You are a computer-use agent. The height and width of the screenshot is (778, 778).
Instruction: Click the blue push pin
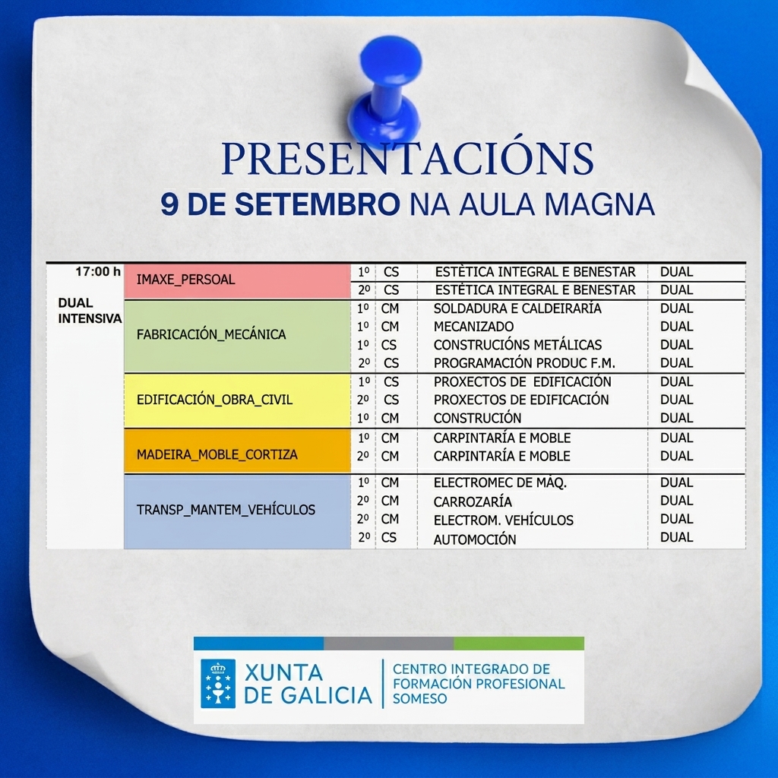point(386,92)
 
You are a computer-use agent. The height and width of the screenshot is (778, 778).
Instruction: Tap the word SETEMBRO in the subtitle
point(317,204)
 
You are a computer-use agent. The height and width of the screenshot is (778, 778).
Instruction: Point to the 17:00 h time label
point(98,271)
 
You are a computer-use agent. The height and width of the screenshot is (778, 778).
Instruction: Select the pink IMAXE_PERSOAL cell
point(237,281)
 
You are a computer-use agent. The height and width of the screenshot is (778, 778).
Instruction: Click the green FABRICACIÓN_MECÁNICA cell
point(237,336)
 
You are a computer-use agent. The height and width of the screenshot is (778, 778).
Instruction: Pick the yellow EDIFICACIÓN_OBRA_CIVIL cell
point(237,400)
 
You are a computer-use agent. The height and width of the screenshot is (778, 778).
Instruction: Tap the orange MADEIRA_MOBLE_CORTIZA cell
point(237,451)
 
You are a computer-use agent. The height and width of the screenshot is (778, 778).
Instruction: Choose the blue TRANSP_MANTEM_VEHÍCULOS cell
point(237,511)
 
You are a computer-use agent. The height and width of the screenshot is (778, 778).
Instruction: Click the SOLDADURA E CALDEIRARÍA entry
point(517,308)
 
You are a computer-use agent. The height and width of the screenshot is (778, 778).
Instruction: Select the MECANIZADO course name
point(473,327)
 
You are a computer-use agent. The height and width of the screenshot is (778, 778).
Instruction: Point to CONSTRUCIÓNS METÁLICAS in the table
point(517,345)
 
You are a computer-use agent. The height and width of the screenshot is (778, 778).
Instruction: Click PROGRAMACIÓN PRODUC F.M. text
point(524,363)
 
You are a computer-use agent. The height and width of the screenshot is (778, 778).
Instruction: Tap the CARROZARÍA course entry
point(473,501)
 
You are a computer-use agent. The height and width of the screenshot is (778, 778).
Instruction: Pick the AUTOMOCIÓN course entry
point(474,539)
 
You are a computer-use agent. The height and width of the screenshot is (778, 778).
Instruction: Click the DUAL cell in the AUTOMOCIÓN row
point(676,537)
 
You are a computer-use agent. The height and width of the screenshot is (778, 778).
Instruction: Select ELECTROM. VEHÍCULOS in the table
point(503,520)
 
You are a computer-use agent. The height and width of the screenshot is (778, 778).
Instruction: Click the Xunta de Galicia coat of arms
point(218,683)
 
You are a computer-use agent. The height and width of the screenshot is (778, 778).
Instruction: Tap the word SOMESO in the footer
point(419,699)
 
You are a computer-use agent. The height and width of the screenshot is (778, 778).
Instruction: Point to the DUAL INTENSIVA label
point(90,311)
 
